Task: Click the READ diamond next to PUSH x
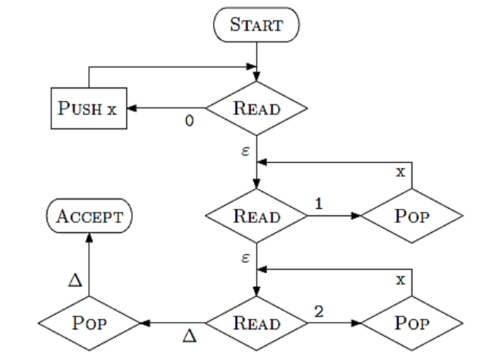pos(256,109)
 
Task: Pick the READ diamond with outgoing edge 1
pos(256,217)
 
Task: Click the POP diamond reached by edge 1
pos(412,217)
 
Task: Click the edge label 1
pos(318,205)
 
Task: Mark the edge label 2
pos(318,312)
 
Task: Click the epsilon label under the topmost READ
pos(246,151)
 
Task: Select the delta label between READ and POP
pos(188,335)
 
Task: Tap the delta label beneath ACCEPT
pos(75,280)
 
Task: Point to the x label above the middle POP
pos(400,173)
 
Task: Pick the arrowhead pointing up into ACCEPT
pos(89,237)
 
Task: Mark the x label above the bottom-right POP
pos(400,280)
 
